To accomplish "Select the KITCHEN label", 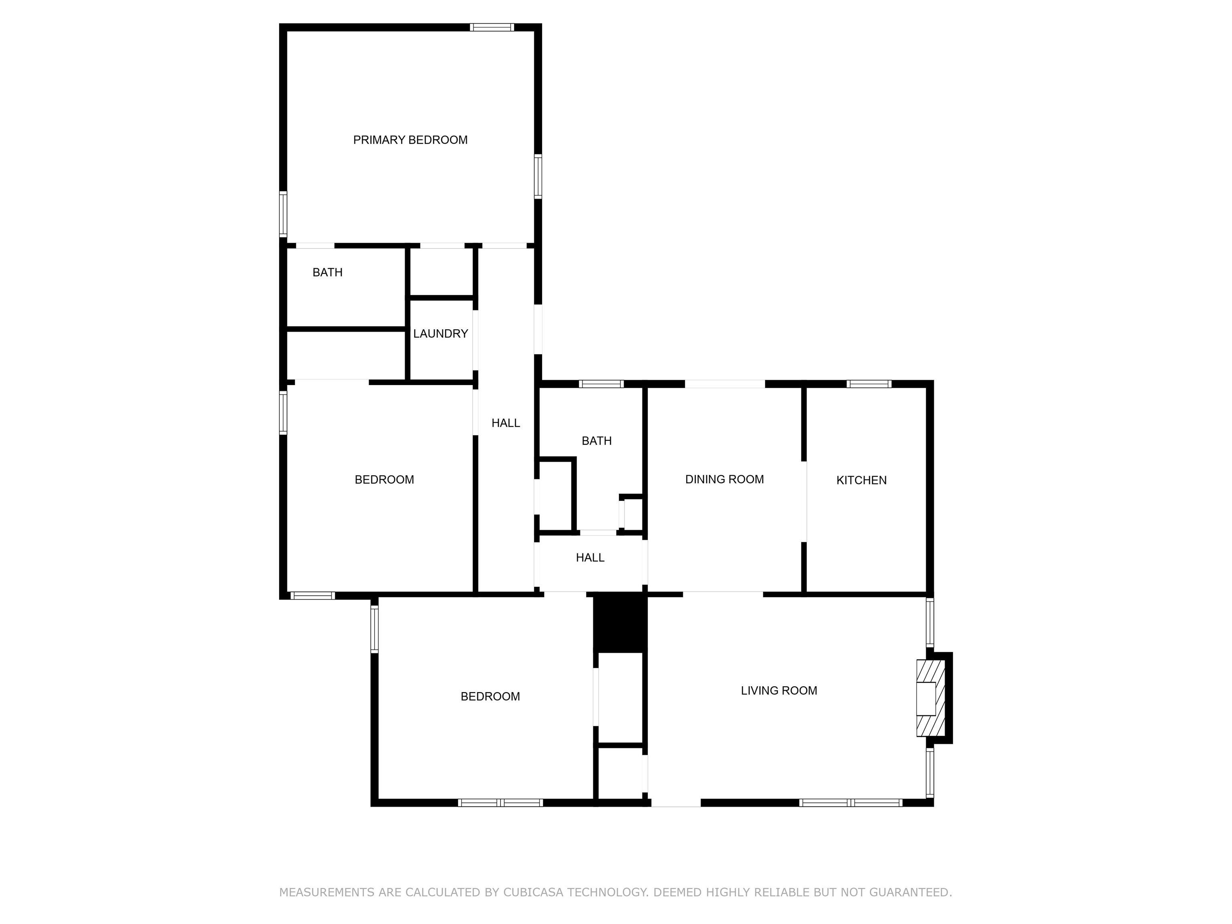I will coord(861,480).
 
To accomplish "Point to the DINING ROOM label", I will coord(724,479).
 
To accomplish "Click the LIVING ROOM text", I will coord(779,691).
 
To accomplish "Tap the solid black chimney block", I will coord(620,623).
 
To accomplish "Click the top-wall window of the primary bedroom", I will coord(491,27).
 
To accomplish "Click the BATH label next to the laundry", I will coord(328,272).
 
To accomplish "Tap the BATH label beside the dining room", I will coord(596,441).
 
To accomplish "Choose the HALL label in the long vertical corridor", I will coord(506,423).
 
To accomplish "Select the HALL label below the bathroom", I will coord(590,557).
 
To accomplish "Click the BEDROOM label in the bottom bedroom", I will coord(490,696).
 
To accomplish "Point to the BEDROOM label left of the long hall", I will coord(384,480).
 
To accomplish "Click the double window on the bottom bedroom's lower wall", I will coord(500,802).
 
